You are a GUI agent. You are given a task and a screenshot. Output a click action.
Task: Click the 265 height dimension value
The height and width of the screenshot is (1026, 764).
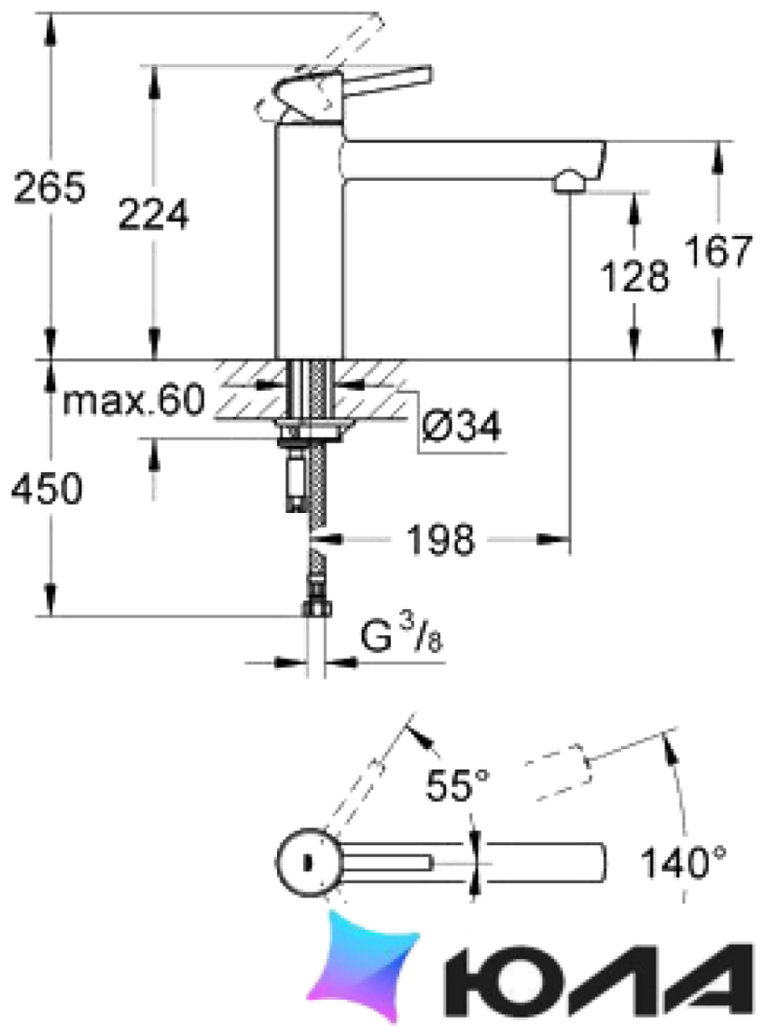[49, 187]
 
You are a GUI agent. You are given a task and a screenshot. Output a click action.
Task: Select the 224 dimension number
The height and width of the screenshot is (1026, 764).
[153, 214]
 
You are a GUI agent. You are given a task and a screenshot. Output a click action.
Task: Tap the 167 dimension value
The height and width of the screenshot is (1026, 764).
[718, 251]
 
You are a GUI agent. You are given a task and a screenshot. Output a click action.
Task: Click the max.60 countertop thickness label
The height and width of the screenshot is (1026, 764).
[133, 399]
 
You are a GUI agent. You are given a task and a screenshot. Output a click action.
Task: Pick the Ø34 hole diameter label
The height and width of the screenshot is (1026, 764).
[462, 426]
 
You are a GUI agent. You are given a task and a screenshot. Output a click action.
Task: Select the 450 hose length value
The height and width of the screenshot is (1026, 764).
[47, 488]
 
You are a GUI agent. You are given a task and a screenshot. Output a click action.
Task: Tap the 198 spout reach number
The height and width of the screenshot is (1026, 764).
[440, 540]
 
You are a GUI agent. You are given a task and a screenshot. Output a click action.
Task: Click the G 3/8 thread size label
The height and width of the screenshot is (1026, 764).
[401, 636]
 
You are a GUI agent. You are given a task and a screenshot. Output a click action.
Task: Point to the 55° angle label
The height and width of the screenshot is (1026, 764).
[457, 784]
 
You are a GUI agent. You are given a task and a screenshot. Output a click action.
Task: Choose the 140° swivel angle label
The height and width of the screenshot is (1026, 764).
[683, 862]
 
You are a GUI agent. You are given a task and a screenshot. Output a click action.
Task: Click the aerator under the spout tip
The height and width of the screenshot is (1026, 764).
[570, 182]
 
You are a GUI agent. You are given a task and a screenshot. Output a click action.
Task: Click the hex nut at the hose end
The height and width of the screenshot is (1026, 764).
[317, 608]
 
